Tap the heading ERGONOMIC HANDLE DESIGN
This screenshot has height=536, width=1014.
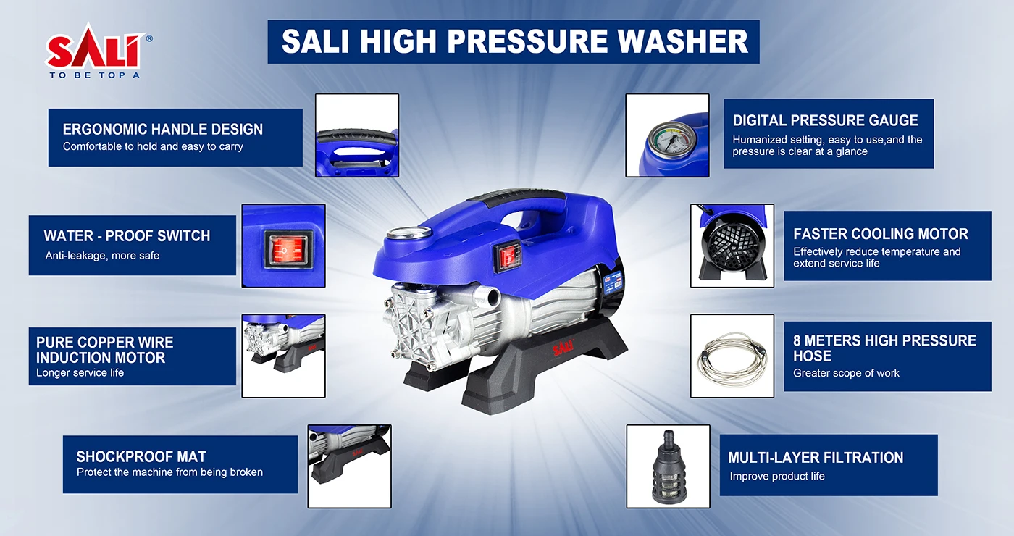162,130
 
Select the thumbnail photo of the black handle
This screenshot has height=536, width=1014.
356,135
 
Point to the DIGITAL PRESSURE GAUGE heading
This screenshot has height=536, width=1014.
825,120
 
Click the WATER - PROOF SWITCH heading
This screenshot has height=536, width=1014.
127,236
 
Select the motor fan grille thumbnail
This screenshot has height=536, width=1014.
732,246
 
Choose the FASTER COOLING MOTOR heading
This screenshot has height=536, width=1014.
881,234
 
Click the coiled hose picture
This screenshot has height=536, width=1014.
732,357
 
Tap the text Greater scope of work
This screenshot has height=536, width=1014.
846,373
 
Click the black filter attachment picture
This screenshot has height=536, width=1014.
668,467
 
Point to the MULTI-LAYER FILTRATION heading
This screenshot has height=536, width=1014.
816,458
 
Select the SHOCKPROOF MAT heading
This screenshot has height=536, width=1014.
141,456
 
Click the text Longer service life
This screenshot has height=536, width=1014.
80,372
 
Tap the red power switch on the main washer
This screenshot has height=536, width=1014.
508,258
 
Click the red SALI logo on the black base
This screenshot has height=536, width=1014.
563,348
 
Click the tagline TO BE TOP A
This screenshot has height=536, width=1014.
95,75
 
